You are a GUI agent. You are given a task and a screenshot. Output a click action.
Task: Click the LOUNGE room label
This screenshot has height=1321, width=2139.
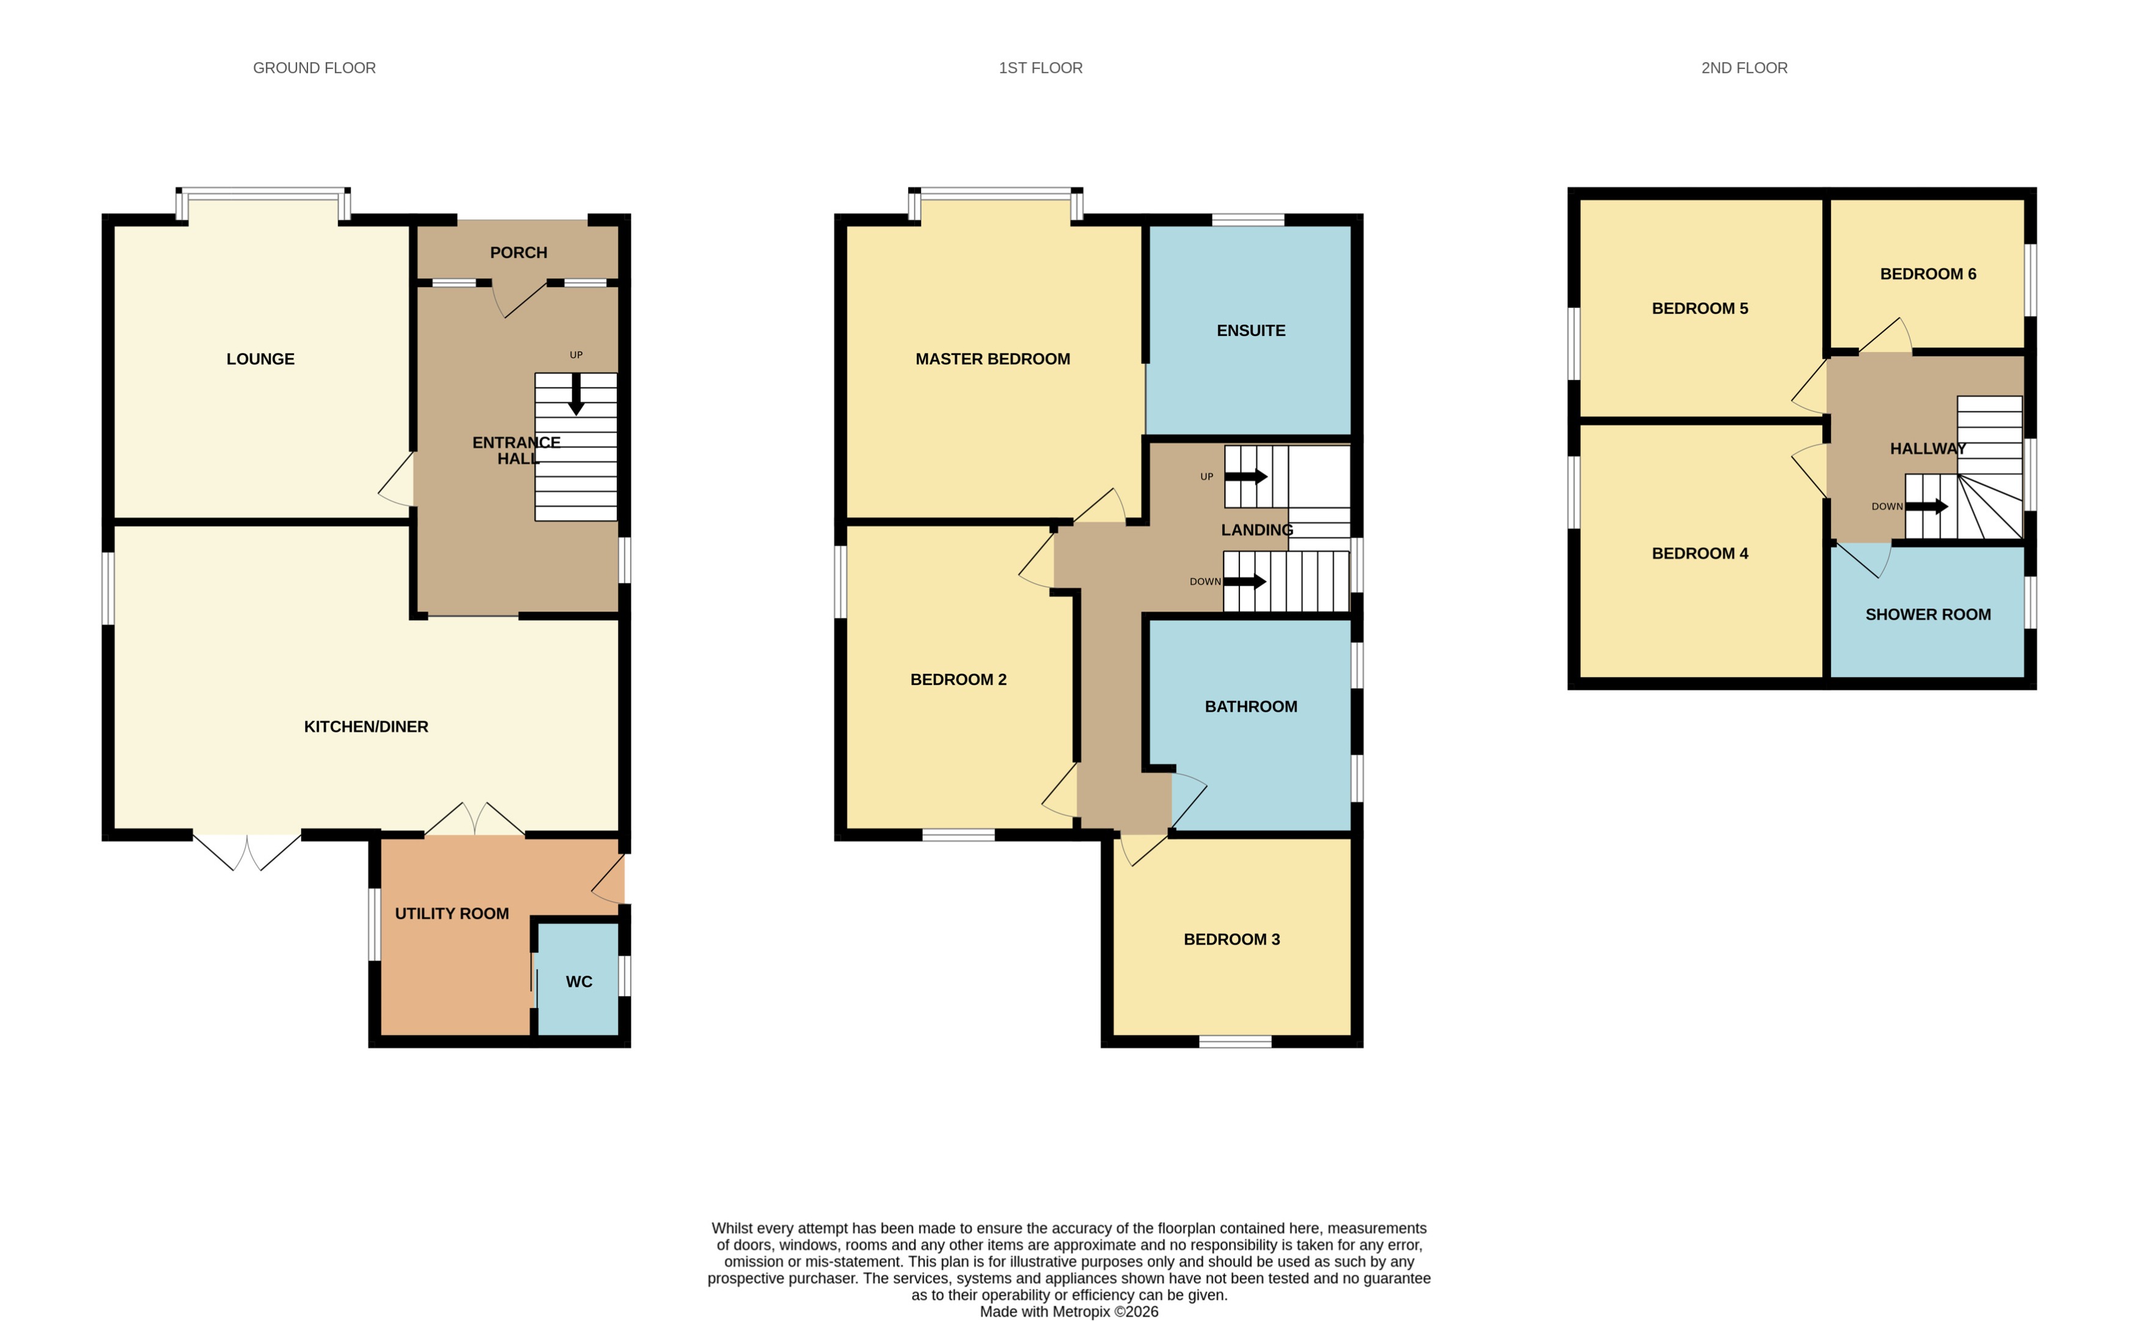pos(260,359)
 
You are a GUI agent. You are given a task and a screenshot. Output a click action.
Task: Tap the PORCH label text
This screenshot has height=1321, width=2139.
pos(518,252)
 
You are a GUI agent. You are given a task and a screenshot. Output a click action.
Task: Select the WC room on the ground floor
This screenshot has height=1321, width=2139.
pos(578,982)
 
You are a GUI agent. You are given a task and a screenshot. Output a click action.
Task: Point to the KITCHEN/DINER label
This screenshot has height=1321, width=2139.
pos(365,727)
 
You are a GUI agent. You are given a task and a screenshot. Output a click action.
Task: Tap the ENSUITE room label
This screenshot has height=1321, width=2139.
pos(1250,330)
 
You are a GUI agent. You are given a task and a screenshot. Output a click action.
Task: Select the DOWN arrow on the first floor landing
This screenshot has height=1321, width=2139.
pos(1244,582)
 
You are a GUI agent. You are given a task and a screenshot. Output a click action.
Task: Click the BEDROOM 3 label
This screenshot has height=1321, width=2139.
pos(1231,939)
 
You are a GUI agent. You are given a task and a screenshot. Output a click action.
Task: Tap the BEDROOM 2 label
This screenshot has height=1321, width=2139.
pos(958,679)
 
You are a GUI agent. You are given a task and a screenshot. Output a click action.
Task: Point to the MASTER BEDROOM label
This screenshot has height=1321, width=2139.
pos(992,359)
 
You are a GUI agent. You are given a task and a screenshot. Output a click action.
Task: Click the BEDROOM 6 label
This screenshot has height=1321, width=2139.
pos(1928,274)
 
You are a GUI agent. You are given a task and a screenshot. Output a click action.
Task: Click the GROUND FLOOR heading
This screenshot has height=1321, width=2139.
pos(314,68)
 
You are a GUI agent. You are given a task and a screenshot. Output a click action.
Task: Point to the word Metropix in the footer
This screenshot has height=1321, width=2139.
pos(1082,1311)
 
